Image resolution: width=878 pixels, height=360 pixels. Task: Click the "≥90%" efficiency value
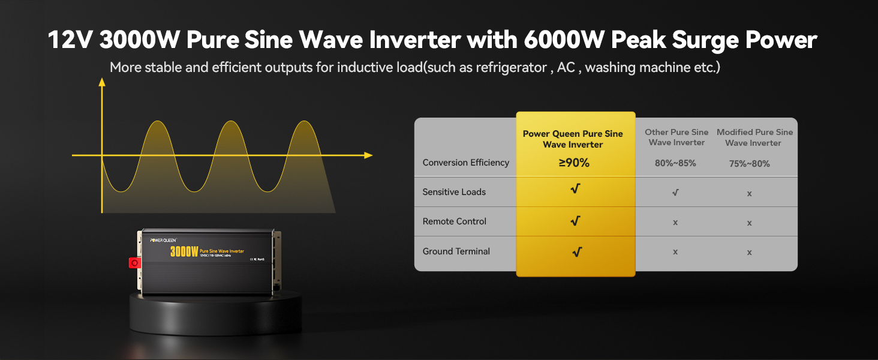click(574, 163)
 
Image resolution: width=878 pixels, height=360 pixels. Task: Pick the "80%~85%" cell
click(675, 163)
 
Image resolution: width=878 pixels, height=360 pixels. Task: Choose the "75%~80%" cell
click(749, 163)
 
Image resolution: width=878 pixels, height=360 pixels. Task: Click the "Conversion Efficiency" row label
click(465, 163)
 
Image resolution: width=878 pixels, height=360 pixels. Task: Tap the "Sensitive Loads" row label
click(454, 192)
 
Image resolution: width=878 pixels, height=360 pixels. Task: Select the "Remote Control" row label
click(454, 221)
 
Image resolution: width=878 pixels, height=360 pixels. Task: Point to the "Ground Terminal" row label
click(456, 251)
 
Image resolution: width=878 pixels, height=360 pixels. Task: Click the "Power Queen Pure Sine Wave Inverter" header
click(573, 139)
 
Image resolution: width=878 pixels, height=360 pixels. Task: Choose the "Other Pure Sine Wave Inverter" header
click(676, 137)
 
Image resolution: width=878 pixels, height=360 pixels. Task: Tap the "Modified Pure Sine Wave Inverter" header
click(754, 137)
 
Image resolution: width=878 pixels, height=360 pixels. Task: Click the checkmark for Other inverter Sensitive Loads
click(675, 193)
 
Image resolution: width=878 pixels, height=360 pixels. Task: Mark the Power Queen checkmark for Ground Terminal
click(576, 252)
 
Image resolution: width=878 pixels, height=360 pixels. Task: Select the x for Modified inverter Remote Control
click(749, 223)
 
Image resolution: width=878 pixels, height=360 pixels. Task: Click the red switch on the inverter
click(134, 263)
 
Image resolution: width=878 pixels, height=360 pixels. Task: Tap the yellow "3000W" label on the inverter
click(184, 251)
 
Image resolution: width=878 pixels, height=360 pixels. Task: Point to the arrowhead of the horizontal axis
click(368, 155)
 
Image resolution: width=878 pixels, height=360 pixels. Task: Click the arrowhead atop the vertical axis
click(102, 82)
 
